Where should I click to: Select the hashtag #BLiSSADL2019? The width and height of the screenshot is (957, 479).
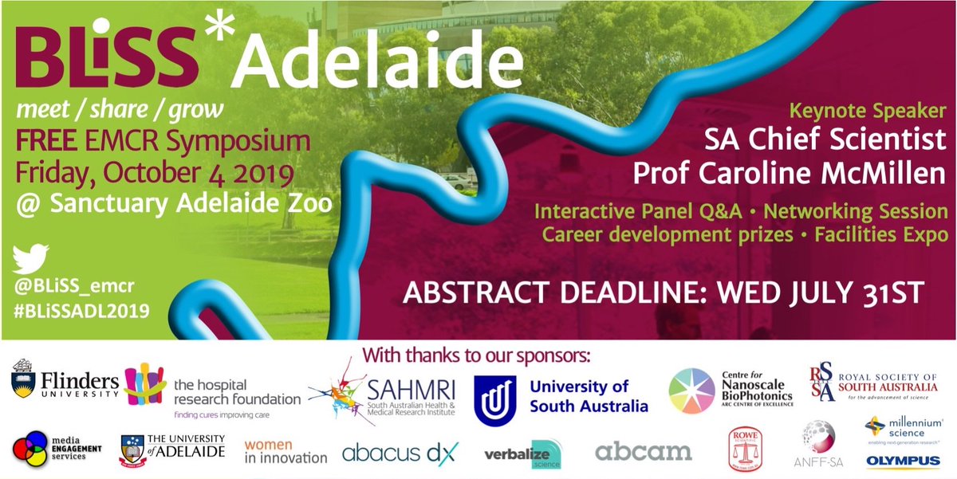[81, 312]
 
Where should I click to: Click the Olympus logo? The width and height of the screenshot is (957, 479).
[904, 461]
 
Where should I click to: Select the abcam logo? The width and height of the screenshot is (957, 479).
[644, 452]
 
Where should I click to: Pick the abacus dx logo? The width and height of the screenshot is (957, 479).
[400, 453]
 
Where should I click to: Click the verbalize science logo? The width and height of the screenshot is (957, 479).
[522, 454]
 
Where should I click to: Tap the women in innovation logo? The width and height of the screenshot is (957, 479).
[285, 451]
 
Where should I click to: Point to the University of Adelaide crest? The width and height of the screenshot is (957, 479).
[135, 450]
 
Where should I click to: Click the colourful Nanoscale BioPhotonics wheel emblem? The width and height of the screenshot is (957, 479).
[691, 391]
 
